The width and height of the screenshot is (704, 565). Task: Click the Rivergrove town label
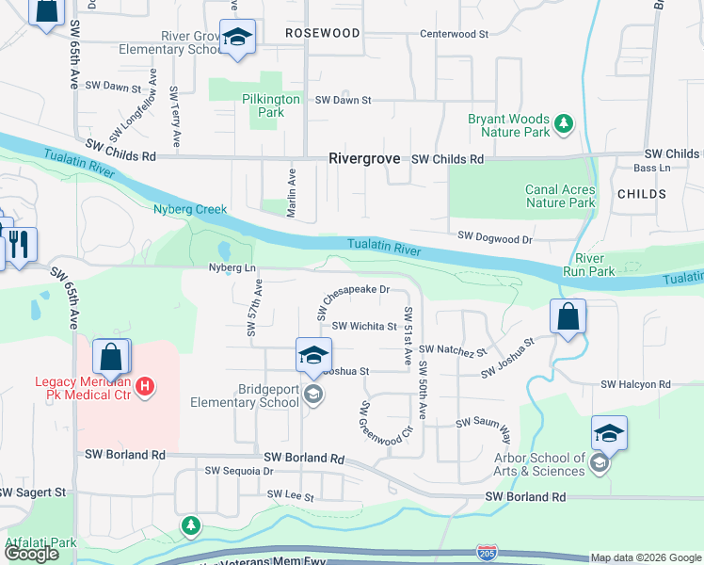tap(365, 159)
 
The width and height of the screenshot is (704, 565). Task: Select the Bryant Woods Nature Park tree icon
tap(564, 122)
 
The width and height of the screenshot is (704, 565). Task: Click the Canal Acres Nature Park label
tap(560, 196)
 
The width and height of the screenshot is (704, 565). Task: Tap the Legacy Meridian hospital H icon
tap(144, 385)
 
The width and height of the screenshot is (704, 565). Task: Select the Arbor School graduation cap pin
tap(609, 433)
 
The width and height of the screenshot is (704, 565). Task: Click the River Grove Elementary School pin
tap(238, 38)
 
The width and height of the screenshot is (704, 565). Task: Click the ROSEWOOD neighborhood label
tap(322, 33)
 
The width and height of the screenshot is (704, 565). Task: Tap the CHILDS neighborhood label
tap(642, 194)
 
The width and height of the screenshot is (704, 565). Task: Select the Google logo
tap(31, 554)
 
